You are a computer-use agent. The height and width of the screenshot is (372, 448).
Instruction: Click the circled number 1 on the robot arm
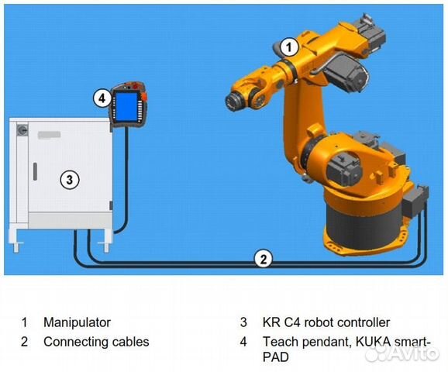point(289,47)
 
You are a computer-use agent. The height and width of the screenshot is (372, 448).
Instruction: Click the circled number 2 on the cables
point(264,259)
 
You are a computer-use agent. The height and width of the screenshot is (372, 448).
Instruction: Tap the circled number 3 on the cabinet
point(70,180)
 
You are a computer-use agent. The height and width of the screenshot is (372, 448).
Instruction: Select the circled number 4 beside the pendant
point(102,98)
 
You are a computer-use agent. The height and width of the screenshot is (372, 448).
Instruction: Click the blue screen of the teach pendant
point(126,107)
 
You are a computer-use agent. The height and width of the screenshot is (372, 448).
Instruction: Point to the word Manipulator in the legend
point(77,322)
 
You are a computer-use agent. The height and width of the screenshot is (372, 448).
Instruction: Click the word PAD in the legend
point(275,357)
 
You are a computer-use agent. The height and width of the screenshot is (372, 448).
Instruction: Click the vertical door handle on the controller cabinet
point(35,172)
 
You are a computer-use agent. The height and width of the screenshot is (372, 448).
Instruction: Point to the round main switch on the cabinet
point(22,130)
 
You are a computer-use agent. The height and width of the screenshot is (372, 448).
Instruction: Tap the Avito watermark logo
point(402,354)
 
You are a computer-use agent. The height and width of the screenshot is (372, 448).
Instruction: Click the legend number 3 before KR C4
point(243,322)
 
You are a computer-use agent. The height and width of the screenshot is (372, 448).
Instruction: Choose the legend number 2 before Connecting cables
point(24,342)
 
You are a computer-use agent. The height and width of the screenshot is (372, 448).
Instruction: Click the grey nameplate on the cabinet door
point(49,135)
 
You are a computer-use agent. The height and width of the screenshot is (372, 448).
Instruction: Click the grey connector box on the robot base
point(415,201)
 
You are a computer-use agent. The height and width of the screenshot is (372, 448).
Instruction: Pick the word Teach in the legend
point(281,342)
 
